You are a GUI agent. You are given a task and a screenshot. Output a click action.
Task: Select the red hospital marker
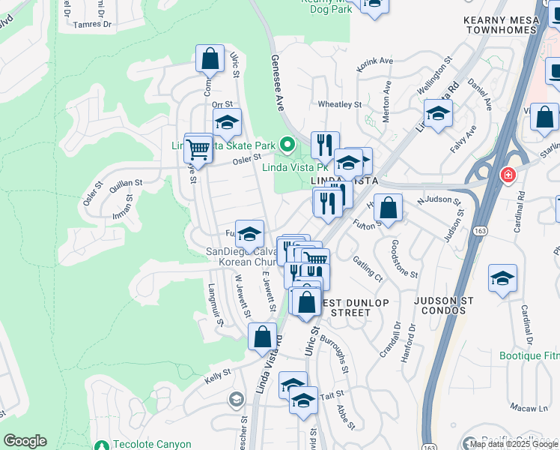(508, 175)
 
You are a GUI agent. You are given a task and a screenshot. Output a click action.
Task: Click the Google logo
(25, 441)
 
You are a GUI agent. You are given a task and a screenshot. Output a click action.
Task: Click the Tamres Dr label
(93, 24)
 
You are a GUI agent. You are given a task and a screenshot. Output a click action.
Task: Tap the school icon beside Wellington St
(438, 114)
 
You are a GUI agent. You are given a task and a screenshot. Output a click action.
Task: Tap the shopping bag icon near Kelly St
(263, 337)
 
